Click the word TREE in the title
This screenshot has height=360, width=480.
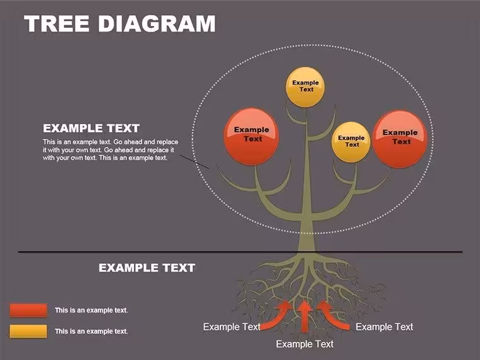[57, 23]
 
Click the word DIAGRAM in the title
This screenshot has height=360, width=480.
[157, 23]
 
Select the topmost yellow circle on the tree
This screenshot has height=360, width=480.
[305, 87]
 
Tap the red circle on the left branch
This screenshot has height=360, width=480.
[251, 136]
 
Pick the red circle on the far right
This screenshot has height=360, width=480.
[400, 140]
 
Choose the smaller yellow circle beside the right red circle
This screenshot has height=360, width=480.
[351, 142]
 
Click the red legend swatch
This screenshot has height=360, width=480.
[28, 310]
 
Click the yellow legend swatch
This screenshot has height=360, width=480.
[28, 331]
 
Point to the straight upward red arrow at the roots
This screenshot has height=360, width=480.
[304, 316]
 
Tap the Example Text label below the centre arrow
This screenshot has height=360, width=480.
[304, 344]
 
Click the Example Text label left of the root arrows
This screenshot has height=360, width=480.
[232, 327]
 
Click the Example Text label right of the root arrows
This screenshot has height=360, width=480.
[385, 327]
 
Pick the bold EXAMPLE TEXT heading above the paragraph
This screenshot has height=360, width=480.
[91, 128]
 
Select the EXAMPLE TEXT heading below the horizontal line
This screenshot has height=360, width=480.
[147, 268]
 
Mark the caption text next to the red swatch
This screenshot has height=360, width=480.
[91, 310]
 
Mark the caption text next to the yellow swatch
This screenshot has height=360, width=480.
[91, 331]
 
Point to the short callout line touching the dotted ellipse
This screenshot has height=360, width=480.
[194, 162]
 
